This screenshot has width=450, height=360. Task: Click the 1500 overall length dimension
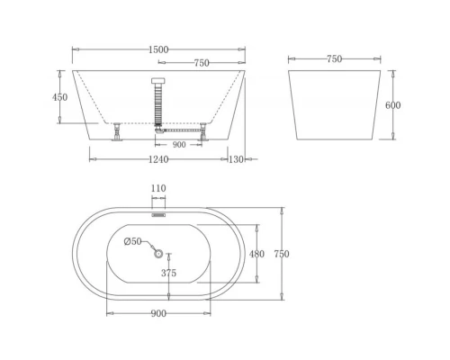click(158, 50)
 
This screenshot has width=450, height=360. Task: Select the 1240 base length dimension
click(158, 159)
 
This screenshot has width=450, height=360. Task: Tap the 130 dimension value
click(237, 159)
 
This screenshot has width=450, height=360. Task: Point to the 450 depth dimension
click(60, 97)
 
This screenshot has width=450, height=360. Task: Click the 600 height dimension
click(392, 105)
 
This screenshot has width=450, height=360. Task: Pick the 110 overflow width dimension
click(158, 189)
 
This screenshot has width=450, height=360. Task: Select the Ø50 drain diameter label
click(132, 241)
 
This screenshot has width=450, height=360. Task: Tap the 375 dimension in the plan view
click(168, 273)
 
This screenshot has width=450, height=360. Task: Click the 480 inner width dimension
click(256, 254)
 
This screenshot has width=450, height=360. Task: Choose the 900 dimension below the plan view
click(158, 313)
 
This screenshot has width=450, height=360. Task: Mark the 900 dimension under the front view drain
click(179, 144)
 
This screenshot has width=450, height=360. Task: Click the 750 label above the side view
click(334, 59)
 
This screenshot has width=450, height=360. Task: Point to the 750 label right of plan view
click(282, 254)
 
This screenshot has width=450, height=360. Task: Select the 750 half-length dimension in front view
click(202, 63)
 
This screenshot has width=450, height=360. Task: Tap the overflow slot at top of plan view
click(158, 215)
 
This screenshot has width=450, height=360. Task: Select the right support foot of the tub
click(203, 132)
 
